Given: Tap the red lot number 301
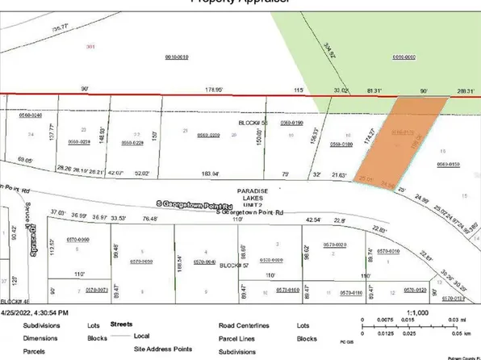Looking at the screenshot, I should [90, 48].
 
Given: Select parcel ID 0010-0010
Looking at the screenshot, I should [177, 57].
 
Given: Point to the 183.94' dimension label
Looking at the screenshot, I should [211, 174].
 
